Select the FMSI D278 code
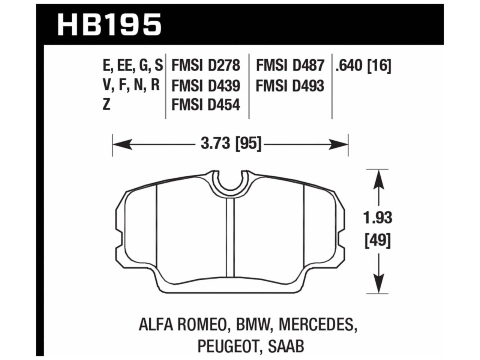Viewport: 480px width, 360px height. pyautogui.click(x=205, y=66)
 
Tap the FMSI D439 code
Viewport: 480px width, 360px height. pyautogui.click(x=205, y=86)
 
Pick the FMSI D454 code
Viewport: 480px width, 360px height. pyautogui.click(x=205, y=105)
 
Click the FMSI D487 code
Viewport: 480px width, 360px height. pyautogui.click(x=290, y=66)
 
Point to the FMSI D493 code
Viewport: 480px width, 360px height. pyautogui.click(x=290, y=86)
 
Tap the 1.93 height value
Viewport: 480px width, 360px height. pyautogui.click(x=378, y=218)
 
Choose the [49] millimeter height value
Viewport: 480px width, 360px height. pyautogui.click(x=378, y=240)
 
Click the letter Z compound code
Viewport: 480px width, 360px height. pyautogui.click(x=106, y=105)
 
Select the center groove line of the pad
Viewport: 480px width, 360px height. pyautogui.click(x=230, y=236)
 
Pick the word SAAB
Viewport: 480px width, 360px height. pyautogui.click(x=286, y=345)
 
